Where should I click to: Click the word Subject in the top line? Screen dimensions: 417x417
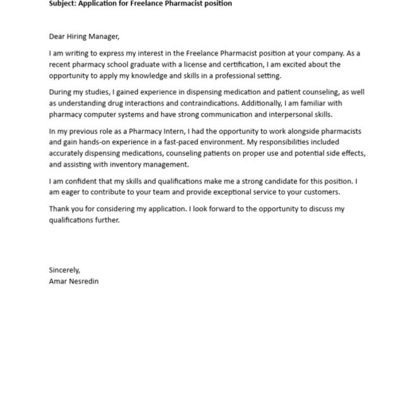64,4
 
